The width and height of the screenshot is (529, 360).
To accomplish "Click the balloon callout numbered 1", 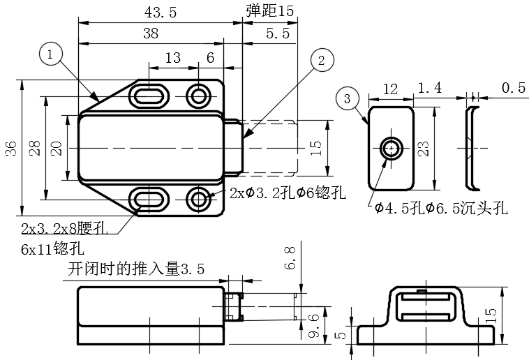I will pos(52,53).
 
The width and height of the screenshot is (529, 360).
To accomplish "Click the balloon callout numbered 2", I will pos(320,60).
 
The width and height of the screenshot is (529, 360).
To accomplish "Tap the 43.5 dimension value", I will pos(160,12).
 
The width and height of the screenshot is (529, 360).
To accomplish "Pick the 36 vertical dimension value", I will pos(10,147).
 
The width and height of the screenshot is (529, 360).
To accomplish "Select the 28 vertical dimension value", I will pos(35,147).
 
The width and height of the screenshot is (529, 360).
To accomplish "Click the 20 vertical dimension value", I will pos(57,147).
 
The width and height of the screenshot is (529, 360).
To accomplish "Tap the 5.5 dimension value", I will pos(277,33).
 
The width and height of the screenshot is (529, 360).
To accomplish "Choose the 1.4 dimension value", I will pos(429,88).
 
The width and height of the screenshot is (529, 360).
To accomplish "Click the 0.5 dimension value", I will pos(513,88).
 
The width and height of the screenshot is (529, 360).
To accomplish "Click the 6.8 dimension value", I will pos(290,257).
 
